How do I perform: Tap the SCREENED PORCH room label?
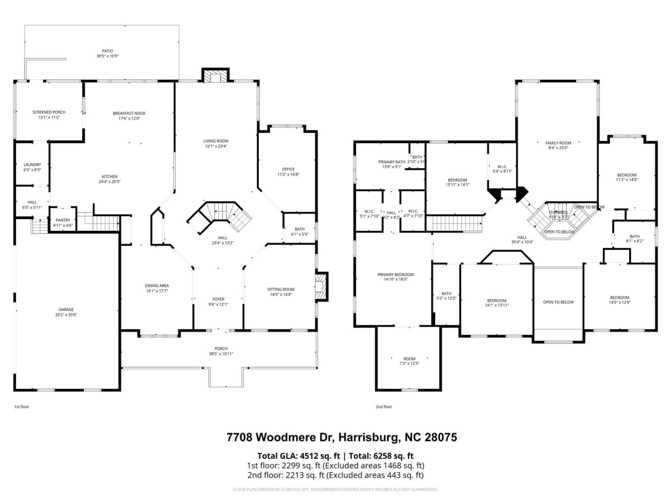[x=49, y=112]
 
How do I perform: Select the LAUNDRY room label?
[x=32, y=164]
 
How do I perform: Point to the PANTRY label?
[x=63, y=220]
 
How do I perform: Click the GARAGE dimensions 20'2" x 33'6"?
[x=67, y=315]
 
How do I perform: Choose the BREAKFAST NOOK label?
[x=129, y=113]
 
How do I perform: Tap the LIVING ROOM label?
[x=216, y=141]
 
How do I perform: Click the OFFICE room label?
[x=288, y=169]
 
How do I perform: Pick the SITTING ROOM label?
[x=281, y=289]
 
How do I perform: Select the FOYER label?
[x=218, y=299]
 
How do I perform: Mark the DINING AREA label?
[x=157, y=286]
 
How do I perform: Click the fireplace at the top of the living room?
[x=215, y=76]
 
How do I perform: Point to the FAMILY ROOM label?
[x=558, y=143]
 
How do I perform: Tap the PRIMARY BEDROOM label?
[x=395, y=274]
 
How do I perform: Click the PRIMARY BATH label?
[x=391, y=162]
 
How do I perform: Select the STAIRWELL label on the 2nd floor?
[x=558, y=212]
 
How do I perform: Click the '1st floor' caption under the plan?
[x=21, y=407]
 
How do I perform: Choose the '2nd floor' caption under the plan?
[x=384, y=407]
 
